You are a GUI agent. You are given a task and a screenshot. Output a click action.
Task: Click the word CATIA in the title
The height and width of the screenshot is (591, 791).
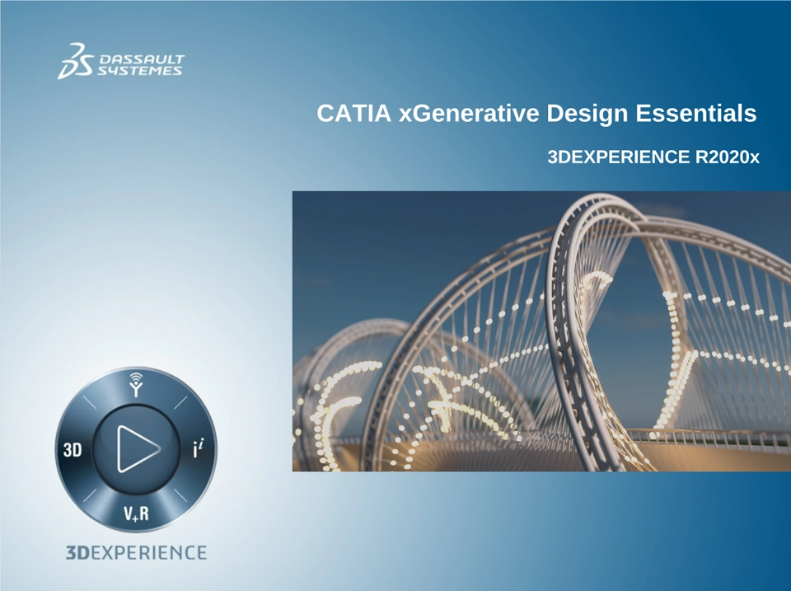pos(353,113)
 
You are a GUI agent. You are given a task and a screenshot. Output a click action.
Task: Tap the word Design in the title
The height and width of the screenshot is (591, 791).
pos(587,114)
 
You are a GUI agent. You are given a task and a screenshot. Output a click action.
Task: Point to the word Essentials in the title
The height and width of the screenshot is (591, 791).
pos(696,113)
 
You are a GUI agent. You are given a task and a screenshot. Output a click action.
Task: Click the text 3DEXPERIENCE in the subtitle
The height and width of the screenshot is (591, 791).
pos(619,157)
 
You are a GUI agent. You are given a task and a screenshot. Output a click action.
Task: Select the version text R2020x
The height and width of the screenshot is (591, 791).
pos(728,157)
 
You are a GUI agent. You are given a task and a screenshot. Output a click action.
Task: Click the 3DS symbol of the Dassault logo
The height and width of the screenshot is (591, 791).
pos(76,61)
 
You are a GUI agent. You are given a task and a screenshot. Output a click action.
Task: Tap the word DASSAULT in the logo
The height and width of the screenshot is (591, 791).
pos(142,59)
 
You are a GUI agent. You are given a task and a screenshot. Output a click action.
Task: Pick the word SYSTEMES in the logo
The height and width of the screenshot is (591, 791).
pos(139,71)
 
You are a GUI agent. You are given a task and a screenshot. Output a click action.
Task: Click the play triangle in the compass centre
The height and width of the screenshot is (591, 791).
pos(138,448)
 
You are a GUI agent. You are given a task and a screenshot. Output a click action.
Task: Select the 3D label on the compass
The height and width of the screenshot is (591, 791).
pos(73,449)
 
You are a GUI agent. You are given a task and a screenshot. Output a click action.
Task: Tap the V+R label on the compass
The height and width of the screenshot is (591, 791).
pos(136,514)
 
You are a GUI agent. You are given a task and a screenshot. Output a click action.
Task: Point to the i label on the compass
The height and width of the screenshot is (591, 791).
pos(199,448)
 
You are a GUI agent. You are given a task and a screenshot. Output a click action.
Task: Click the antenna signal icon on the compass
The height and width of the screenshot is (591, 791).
pos(136,385)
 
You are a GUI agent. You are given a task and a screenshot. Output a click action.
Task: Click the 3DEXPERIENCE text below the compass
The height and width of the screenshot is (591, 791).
pos(136,552)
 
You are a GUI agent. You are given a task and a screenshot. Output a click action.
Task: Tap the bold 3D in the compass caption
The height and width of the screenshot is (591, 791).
pos(77,552)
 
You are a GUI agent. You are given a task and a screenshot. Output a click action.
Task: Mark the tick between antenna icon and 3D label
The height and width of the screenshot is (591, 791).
pos(89,402)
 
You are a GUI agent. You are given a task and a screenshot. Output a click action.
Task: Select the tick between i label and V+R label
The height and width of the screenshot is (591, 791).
pos(180,495)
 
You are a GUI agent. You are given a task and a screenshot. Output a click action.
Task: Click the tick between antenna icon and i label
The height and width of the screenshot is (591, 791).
pos(180,402)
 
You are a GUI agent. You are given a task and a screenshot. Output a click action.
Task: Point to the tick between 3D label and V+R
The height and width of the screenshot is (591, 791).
pos(89,495)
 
